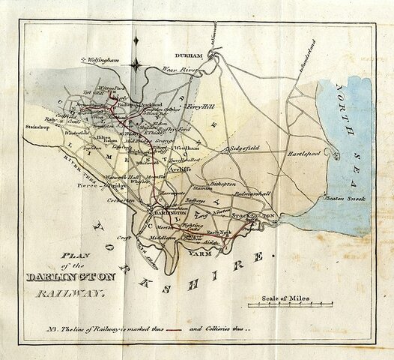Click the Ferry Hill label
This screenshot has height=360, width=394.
[x=199, y=106]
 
